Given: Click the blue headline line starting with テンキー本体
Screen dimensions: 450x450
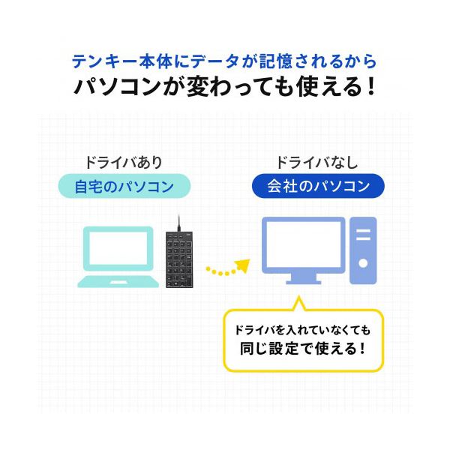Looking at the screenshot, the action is pos(223,61).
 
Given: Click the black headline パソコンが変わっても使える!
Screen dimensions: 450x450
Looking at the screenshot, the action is pos(225,87).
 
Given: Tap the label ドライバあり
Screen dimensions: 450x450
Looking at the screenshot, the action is pos(124,163).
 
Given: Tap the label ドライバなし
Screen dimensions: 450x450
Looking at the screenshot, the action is pos(316,163).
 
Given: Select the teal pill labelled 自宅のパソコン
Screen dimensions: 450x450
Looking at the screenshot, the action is pos(124,186).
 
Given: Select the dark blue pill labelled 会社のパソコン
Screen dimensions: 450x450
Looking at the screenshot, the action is pos(318,186).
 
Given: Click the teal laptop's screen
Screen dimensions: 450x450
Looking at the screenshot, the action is pos(118,248).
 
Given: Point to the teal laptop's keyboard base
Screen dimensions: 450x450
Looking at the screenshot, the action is pos(118,282).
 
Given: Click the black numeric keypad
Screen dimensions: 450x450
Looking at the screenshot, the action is pos(179,259).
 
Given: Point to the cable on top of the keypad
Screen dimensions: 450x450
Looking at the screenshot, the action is pos(178,223).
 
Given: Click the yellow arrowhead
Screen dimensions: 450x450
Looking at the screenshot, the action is pos(242,265).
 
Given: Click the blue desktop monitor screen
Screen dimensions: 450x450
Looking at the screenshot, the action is pos(304,244).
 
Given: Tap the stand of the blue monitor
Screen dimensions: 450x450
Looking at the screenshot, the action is pos(304,279).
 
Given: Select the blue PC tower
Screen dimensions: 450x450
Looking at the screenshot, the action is pos(363,250).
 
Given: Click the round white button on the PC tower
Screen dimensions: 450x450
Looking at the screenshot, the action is pos(363,263).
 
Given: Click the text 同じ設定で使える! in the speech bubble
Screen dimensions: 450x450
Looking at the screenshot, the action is pos(303,349).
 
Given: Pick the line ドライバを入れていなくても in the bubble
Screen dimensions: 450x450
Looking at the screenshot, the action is pos(303,330).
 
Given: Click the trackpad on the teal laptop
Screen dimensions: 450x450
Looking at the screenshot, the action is pos(118,283).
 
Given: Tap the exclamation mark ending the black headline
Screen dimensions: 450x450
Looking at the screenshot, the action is pos(371,87).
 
